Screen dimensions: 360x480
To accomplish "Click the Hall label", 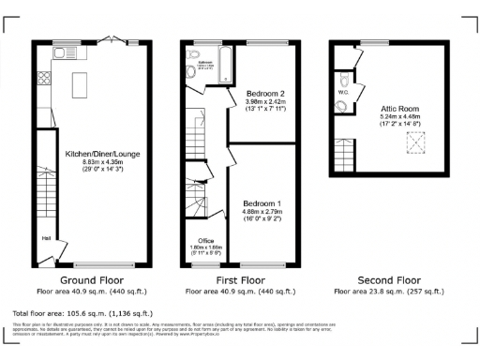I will (x=45, y=236).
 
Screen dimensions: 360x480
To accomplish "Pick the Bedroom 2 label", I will (x=265, y=94).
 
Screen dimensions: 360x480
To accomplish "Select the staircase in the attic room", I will (x=343, y=150).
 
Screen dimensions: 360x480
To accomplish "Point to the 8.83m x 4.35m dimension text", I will (x=95, y=161).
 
